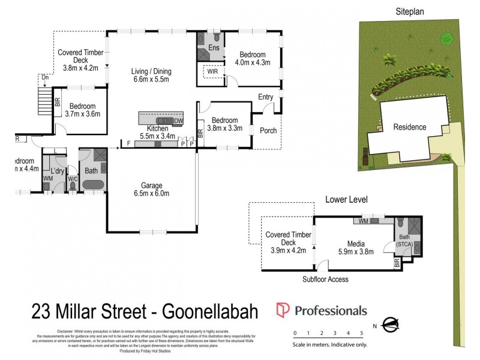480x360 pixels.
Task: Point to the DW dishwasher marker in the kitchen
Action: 178,121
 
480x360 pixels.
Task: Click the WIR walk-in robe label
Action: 212,71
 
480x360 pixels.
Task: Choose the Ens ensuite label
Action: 214,47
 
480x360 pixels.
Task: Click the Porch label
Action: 268,130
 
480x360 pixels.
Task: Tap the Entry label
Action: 266,97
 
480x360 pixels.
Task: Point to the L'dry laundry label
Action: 58,171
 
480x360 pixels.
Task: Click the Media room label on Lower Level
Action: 356,243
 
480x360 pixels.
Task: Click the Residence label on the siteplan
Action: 410,127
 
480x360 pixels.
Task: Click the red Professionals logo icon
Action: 282,310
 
